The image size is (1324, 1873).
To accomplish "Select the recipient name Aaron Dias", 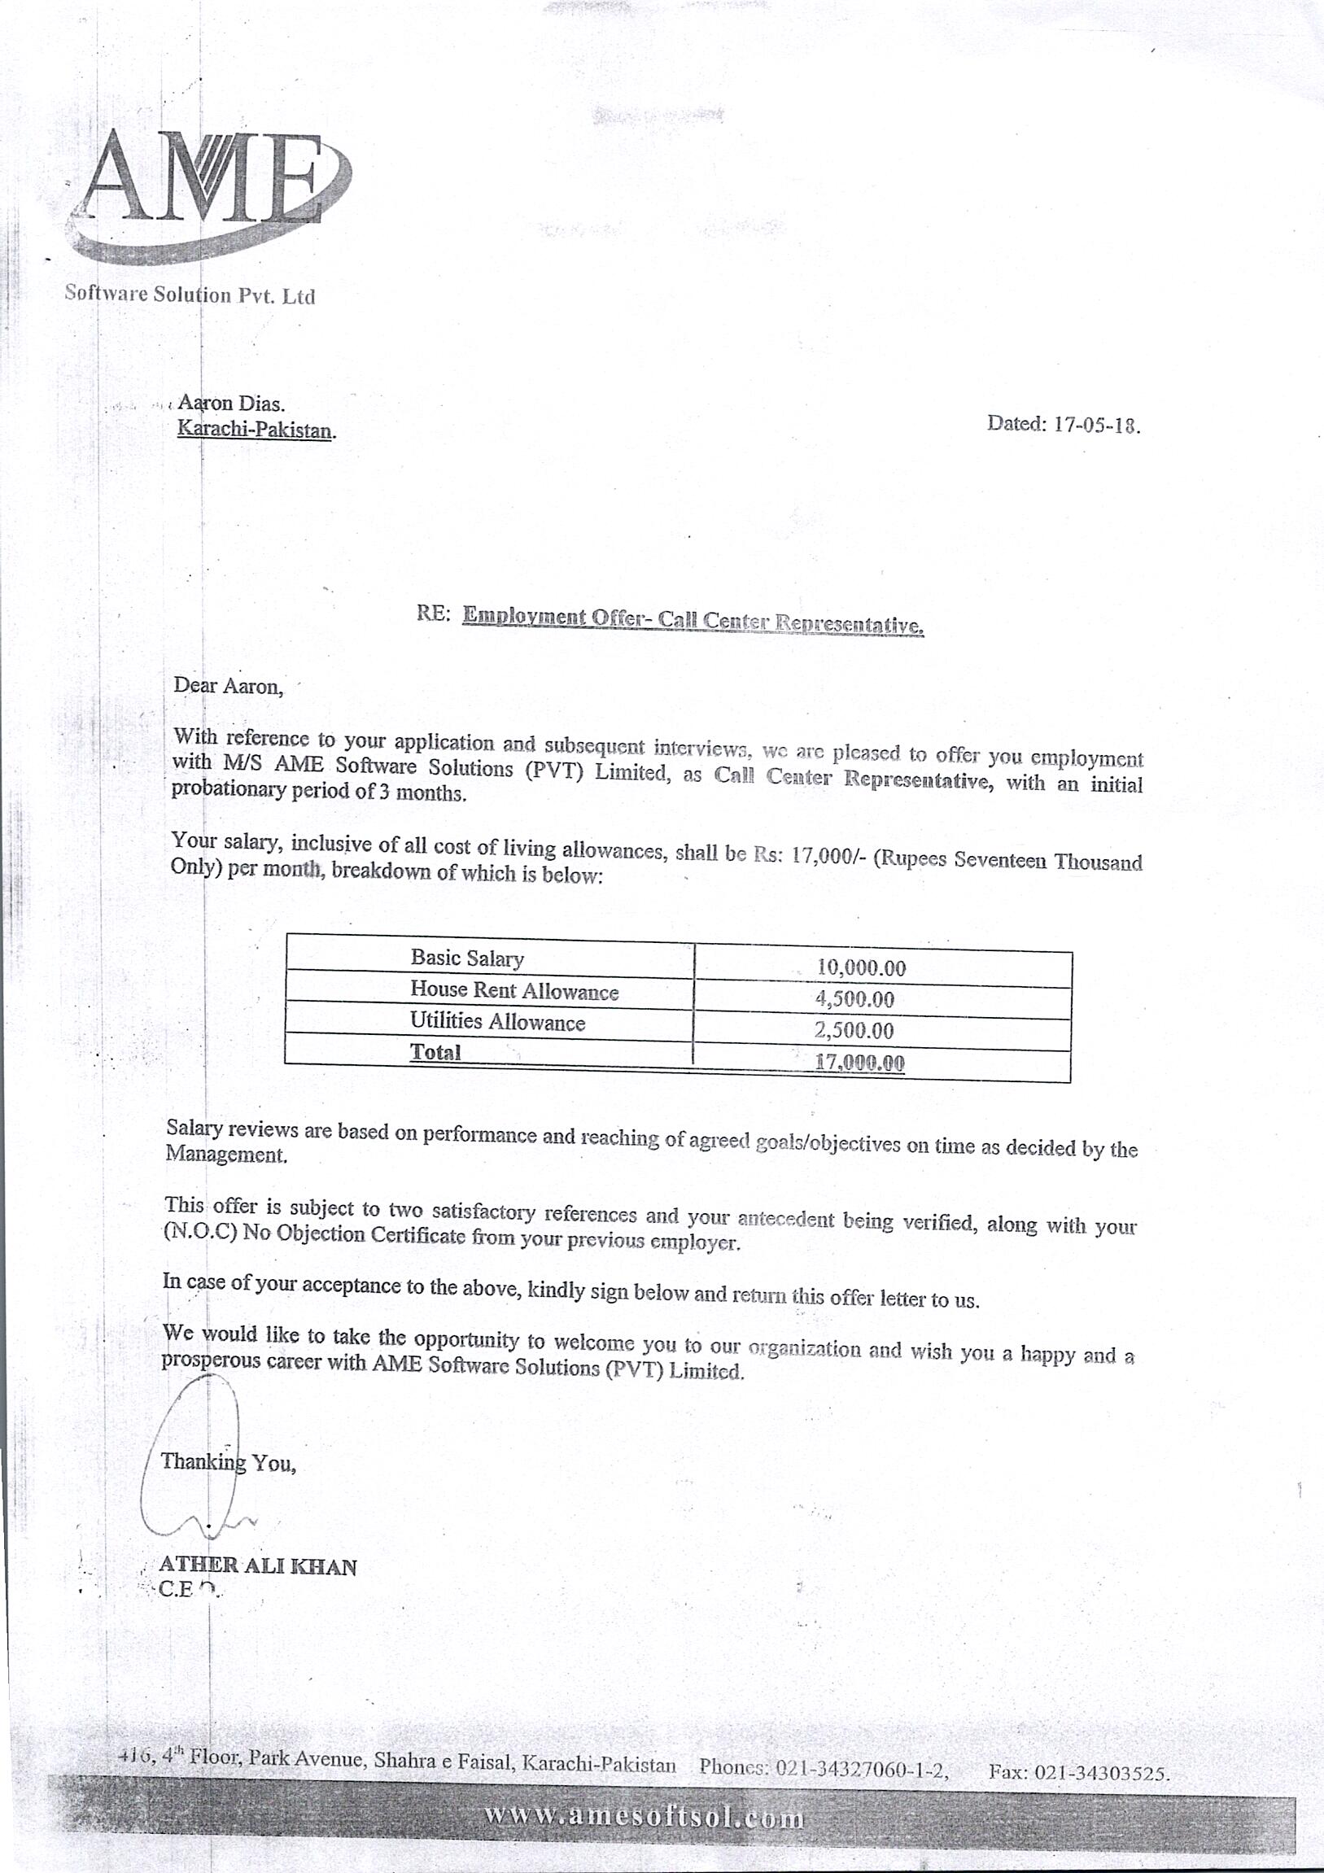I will tap(231, 403).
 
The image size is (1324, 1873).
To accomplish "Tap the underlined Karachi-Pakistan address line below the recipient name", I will tap(256, 429).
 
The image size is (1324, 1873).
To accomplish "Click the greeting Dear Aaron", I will tap(228, 686).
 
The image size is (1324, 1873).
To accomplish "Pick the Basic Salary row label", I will tap(466, 958).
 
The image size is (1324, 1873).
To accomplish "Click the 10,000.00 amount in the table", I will tap(861, 968).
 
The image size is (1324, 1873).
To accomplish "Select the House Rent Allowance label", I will tap(514, 990).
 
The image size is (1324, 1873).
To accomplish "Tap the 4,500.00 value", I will tap(854, 999).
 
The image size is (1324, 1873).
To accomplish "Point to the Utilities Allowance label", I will tap(497, 1021).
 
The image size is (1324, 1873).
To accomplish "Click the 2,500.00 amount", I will tap(854, 1030).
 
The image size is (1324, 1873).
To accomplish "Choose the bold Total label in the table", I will tap(435, 1052).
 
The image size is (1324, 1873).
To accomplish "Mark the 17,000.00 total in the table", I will tap(859, 1062).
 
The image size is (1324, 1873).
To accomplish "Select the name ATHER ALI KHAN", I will tap(257, 1566).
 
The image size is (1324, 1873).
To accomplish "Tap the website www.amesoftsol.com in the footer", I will tap(644, 1817).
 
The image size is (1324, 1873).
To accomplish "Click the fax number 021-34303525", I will tap(1101, 1773).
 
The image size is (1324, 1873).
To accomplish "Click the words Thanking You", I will tap(228, 1462).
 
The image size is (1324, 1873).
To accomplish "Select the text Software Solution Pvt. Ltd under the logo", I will tap(190, 295).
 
